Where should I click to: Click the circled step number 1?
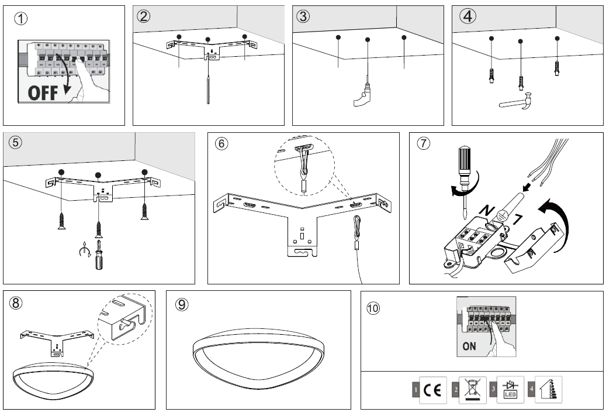click(21, 19)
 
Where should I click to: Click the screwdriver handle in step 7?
click(464, 160)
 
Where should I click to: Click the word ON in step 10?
click(469, 346)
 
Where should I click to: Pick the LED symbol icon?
click(510, 389)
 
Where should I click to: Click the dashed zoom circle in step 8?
click(124, 319)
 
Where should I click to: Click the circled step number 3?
click(303, 16)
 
